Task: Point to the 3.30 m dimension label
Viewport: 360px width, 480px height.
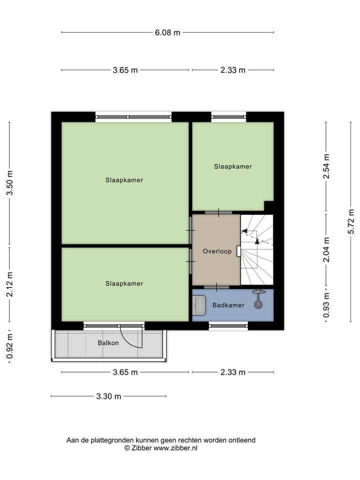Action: click(x=108, y=396)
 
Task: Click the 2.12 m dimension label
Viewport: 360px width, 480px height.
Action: click(x=9, y=284)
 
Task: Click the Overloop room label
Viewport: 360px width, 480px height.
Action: click(x=217, y=251)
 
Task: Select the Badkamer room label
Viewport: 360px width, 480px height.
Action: click(x=228, y=305)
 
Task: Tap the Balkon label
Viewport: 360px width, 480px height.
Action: click(x=108, y=343)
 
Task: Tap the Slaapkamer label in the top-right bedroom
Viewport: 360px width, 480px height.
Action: click(x=232, y=166)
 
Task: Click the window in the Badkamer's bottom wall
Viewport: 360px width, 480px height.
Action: click(x=228, y=325)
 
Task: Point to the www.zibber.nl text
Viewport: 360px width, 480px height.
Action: click(x=175, y=448)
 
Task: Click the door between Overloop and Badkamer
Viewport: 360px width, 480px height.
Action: click(x=216, y=287)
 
